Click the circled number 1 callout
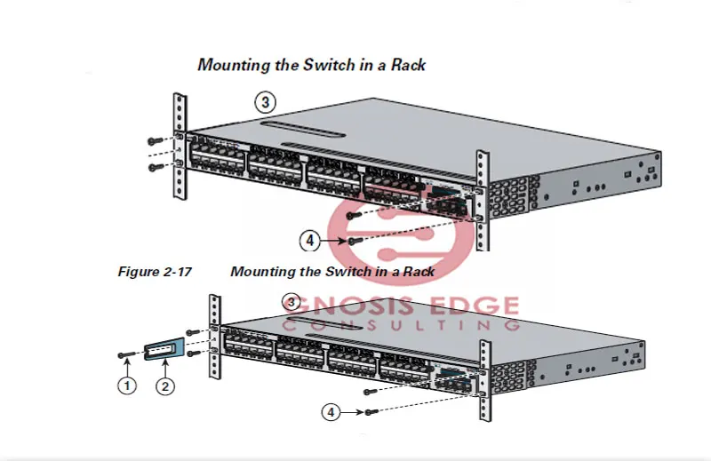(x=128, y=385)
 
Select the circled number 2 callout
(x=164, y=385)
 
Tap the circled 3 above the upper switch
(x=264, y=101)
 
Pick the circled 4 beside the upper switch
(x=309, y=240)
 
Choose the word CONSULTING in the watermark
(x=400, y=326)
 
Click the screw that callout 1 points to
(x=126, y=354)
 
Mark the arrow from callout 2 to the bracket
(x=164, y=369)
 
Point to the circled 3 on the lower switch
(x=290, y=301)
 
